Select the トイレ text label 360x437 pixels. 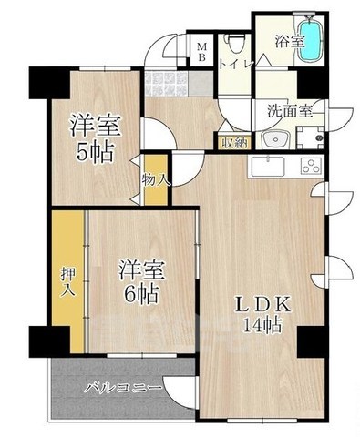tap(235, 64)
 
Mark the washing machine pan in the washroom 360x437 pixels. tap(317, 139)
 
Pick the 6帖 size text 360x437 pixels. tap(142, 294)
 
